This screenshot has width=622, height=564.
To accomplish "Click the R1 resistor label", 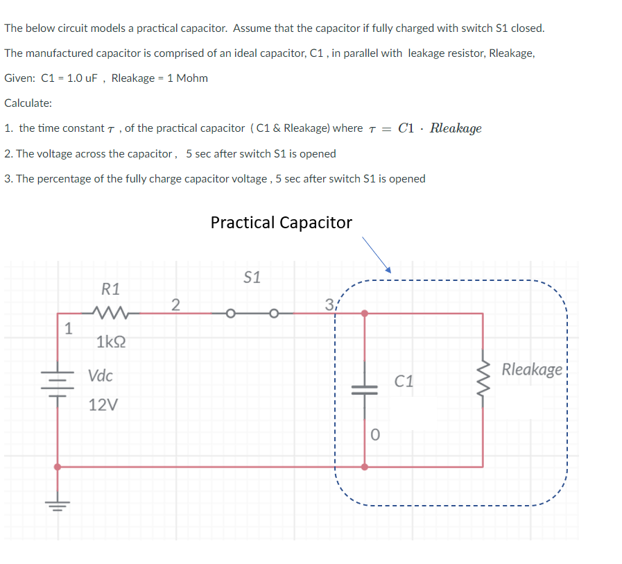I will [x=110, y=288].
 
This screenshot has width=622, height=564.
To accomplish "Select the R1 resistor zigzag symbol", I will [x=111, y=314].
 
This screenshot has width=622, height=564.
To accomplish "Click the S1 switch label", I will [x=253, y=277].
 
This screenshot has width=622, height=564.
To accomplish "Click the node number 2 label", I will [x=175, y=304].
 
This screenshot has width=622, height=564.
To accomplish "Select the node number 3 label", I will [x=329, y=304].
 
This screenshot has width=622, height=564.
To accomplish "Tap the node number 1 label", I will [x=67, y=329].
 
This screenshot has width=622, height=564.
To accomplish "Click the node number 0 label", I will [x=375, y=436].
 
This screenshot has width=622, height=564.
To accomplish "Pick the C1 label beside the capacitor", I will [x=404, y=381].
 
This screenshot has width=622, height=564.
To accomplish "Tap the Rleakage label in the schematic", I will [x=532, y=369].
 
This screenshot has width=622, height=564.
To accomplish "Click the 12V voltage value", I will [x=103, y=405].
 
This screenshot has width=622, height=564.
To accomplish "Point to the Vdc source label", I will [x=101, y=376].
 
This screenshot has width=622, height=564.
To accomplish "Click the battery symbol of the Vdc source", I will [x=58, y=384].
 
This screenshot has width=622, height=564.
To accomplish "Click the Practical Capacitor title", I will [x=281, y=223].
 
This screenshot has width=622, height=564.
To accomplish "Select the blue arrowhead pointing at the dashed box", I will [x=389, y=269].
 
